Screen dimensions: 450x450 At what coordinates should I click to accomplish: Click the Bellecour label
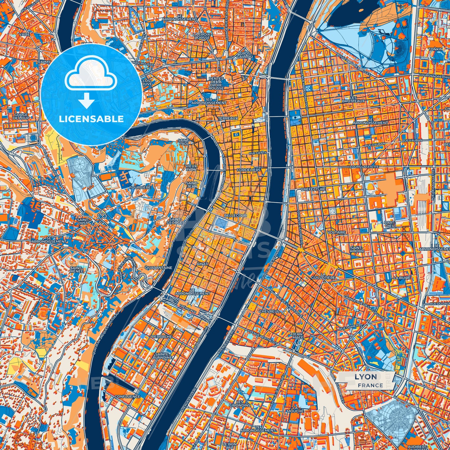pos(235,216)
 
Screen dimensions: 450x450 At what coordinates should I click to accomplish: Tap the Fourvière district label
pos(140,187)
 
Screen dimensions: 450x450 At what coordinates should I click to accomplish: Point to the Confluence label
pos(127,396)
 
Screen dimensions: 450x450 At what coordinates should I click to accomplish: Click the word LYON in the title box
pos(366,377)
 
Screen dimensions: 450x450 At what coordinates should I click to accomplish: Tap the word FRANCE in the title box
pos(370,385)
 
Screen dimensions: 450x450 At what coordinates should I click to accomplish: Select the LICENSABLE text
pos(91,119)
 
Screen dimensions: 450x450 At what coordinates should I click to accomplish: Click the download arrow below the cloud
pos(87,101)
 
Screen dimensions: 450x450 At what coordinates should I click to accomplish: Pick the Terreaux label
pos(228,118)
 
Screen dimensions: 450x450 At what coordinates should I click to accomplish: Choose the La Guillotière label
pos(323,275)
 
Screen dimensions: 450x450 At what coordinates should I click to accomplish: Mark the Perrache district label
pos(162,337)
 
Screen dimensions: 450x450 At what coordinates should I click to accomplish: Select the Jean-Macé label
pos(298,335)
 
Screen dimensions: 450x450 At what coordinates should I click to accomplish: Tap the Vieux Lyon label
pos(191,168)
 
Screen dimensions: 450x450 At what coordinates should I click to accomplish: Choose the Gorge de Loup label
pos(21,116)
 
